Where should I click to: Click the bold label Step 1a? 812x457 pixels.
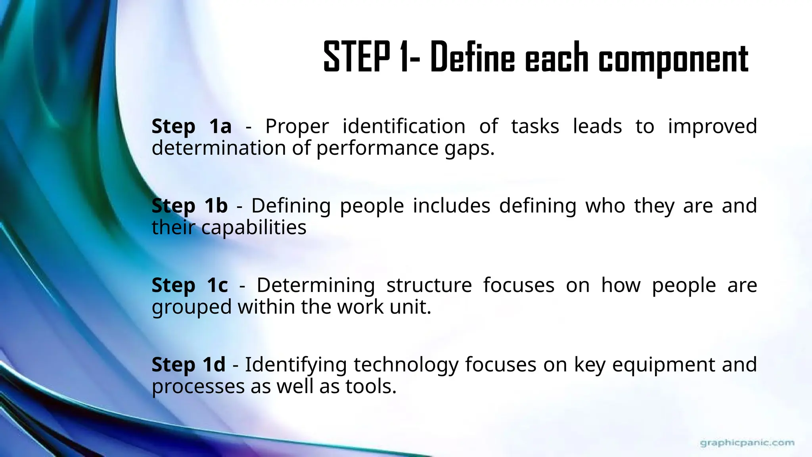pos(192,127)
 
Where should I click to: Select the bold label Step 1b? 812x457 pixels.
pos(190,206)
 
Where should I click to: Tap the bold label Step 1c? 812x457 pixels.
pos(190,285)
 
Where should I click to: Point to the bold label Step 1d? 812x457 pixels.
pos(188,365)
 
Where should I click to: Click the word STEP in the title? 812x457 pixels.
pos(356,58)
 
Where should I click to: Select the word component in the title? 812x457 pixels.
pos(673,59)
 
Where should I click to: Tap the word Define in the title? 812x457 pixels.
pos(472,58)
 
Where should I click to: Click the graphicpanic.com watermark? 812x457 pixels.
pos(747,443)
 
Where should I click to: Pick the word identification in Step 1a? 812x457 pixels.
pos(404,127)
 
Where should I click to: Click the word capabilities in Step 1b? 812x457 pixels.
pos(254,228)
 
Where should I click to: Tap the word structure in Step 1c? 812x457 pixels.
pos(429,285)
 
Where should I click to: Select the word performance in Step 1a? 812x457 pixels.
pos(377,148)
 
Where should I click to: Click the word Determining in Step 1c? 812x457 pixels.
pos(316,285)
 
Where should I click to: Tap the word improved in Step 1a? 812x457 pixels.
pos(712,127)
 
